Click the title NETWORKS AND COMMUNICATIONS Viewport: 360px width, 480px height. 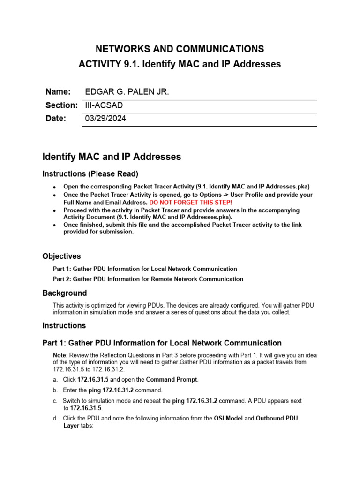(x=180, y=49)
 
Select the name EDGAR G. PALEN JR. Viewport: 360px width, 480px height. (x=127, y=92)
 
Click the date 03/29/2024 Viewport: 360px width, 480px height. (x=105, y=119)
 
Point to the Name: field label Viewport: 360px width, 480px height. (x=58, y=92)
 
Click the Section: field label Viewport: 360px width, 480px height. (x=61, y=105)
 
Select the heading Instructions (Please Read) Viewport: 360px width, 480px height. (x=90, y=174)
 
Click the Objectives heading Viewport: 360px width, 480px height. (x=61, y=256)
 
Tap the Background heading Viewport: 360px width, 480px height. (x=65, y=293)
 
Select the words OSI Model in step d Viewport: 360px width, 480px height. (x=229, y=418)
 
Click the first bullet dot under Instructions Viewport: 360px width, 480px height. (x=55, y=187)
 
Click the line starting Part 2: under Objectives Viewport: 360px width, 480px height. (x=148, y=279)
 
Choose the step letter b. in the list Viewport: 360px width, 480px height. (x=56, y=390)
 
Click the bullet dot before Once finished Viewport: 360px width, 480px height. (x=55, y=225)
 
